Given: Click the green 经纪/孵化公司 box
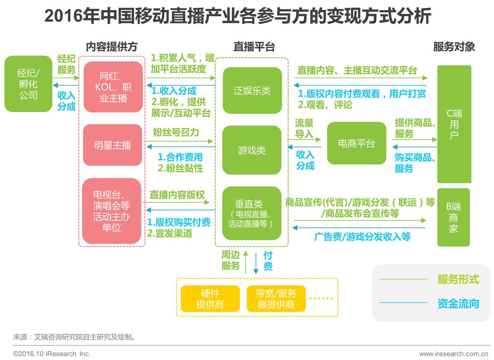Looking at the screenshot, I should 28,84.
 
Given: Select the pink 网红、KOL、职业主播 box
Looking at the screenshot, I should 113,87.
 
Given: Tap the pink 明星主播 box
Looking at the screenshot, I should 113,145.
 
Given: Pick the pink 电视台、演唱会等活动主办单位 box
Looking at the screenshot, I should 111,211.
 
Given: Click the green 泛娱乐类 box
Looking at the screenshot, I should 252,91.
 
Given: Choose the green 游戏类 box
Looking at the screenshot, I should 252,150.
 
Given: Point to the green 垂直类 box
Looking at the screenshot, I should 252,213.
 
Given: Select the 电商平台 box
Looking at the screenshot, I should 356,143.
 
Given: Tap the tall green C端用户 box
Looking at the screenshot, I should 454,124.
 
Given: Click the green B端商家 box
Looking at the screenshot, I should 454,217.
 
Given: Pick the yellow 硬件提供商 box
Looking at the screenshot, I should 210,299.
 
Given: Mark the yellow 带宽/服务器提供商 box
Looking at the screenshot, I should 276,299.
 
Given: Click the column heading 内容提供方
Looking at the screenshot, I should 111,47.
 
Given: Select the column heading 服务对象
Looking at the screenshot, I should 454,47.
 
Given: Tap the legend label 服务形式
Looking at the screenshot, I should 458,280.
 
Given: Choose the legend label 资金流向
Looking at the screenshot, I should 458,303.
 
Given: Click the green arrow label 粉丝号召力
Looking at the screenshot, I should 176,132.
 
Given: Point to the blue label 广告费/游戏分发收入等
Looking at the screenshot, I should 362,237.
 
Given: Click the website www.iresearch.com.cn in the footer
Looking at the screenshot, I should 454,353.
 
